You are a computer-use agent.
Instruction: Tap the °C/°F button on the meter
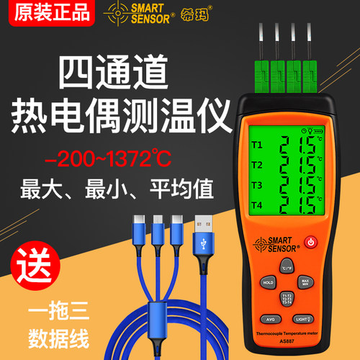point(286,267)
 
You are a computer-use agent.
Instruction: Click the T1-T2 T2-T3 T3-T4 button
point(286,299)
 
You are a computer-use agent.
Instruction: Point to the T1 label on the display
point(257,143)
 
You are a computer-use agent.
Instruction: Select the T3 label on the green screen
point(257,186)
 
